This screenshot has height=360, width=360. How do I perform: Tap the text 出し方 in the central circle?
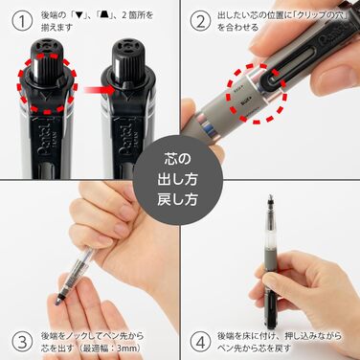point(180,180)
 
